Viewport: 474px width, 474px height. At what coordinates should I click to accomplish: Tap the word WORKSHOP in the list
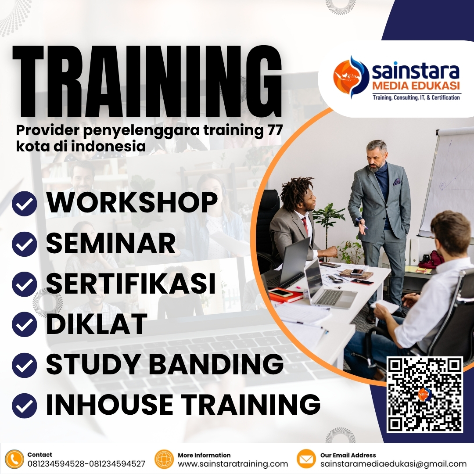132,203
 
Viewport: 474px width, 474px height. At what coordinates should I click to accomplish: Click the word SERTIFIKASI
131,284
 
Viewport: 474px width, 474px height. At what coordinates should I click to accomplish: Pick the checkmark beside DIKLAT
25,325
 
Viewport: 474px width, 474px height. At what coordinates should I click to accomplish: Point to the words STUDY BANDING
165,364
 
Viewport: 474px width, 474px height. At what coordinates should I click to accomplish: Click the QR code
424,395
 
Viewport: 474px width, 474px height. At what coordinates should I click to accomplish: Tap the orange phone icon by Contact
15,459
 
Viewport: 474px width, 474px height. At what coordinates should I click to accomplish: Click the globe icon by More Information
165,459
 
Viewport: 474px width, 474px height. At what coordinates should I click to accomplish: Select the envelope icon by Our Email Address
306,459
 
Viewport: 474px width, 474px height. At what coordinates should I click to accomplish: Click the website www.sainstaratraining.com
233,464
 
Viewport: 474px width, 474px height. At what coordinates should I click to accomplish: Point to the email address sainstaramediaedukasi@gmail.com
393,464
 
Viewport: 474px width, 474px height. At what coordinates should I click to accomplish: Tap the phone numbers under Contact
86,464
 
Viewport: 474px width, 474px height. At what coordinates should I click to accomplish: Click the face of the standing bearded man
376,158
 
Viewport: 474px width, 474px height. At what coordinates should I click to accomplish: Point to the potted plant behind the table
328,219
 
